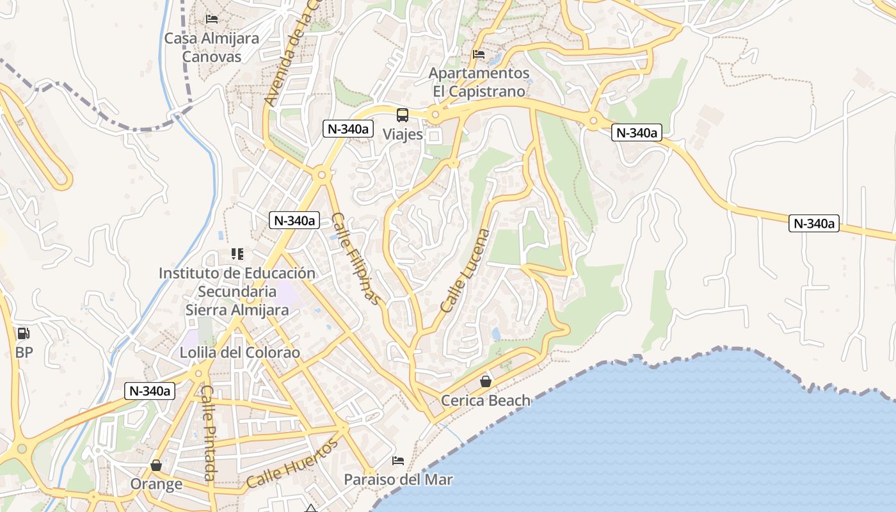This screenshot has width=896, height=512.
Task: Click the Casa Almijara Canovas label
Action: point(212,47)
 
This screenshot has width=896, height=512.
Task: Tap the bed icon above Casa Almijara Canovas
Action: point(212,19)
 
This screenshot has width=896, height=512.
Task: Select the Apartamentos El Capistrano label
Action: point(479,82)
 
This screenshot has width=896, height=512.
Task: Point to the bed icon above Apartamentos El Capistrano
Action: point(479,54)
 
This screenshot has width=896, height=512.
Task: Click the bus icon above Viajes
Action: point(402,115)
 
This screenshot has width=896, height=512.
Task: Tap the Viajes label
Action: point(403,134)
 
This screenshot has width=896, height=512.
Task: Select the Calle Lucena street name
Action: point(465,271)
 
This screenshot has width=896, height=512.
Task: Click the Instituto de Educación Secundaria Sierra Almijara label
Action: point(237,292)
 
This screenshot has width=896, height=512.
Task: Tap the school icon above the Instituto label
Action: point(237,254)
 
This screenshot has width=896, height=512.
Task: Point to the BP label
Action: point(24,353)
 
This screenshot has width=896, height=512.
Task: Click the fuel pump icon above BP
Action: point(23,333)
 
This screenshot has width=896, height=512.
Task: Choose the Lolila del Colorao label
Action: point(239,353)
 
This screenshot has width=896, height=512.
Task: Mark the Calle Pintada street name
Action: point(208,433)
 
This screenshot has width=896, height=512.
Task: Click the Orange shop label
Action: point(156,484)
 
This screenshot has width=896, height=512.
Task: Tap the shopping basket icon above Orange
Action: point(156,465)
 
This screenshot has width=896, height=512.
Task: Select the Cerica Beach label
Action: point(486,401)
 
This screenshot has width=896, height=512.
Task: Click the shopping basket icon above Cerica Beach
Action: point(486,382)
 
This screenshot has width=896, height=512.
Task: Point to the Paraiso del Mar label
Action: point(398,479)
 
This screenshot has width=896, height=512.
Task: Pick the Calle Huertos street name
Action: point(292,463)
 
